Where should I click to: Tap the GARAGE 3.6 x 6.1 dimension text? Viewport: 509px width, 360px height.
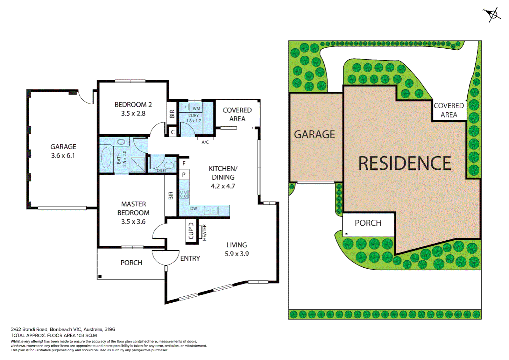pos(63,155)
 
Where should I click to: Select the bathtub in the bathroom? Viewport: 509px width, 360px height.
pos(106,158)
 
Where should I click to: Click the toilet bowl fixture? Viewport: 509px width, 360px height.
pos(169,165)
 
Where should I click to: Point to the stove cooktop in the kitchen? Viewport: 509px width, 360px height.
pos(184,194)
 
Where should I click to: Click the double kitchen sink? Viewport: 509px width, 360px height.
pos(211,210)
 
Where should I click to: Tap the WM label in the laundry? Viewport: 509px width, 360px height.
pos(196,109)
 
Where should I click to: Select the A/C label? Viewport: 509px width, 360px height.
pos(205,142)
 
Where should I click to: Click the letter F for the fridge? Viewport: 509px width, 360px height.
pos(184,164)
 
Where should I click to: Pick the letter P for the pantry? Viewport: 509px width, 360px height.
pos(184,175)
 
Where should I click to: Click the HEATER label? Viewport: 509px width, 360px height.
pos(204,232)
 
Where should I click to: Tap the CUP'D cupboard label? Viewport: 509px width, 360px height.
pos(191,231)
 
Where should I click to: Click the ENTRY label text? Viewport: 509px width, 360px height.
pos(190,258)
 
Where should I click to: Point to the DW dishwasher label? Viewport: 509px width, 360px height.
pos(194,209)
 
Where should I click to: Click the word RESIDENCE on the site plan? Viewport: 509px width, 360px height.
pos(404,163)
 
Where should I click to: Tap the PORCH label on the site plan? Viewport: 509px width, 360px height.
pos(368,223)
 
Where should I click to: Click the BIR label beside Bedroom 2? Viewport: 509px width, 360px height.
pos(172,114)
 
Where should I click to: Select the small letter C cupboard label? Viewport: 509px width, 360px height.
pos(173,132)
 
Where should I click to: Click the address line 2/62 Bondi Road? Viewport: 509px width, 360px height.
pos(63,329)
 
